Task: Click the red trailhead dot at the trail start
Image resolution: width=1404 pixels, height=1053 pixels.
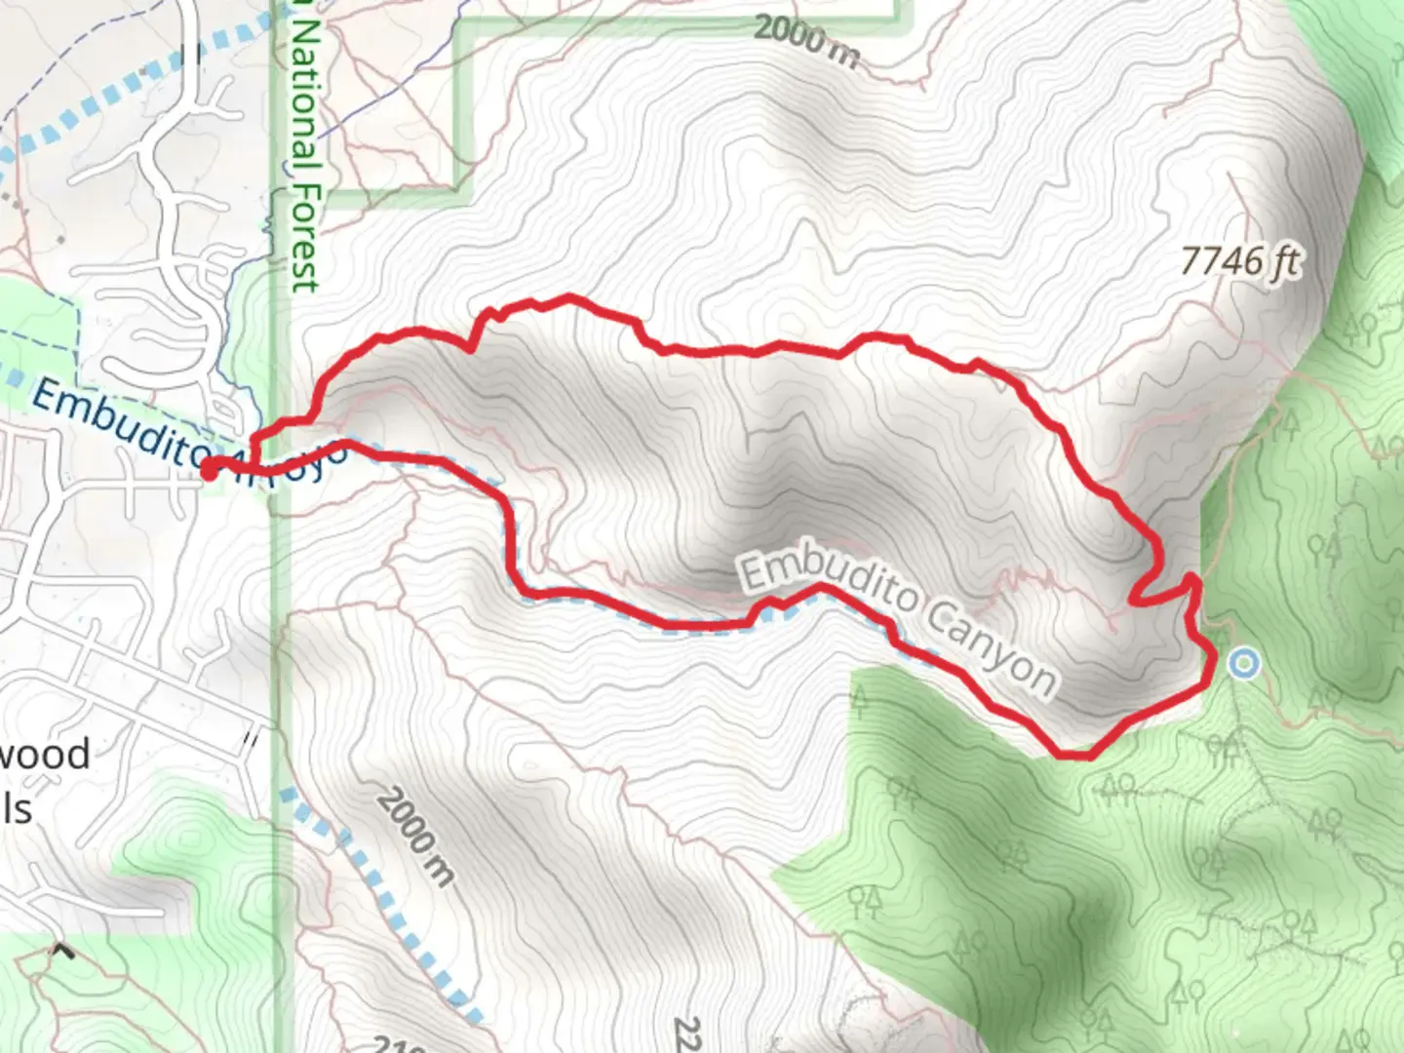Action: [x=210, y=471]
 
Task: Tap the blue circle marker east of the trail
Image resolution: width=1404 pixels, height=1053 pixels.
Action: [x=1243, y=665]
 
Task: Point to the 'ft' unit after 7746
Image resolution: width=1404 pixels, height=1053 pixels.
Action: [x=1285, y=261]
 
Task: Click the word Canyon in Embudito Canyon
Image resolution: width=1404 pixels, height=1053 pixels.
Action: [x=992, y=647]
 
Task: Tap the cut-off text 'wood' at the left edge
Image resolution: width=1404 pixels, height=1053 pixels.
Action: [x=44, y=755]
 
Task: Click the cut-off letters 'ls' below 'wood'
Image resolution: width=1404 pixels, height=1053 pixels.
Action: [x=17, y=808]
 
